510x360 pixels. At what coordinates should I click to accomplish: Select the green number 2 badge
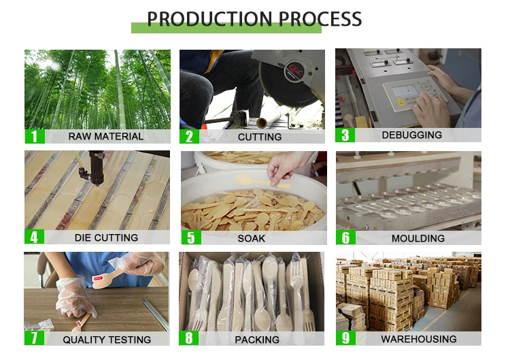[190, 136]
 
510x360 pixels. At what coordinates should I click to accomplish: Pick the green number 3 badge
[345, 135]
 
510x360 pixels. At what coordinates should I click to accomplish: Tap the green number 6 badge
[345, 238]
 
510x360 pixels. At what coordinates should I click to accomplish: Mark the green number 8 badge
[190, 338]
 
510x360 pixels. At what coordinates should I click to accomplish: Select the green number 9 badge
[345, 338]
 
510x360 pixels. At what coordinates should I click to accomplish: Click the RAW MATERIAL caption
[105, 137]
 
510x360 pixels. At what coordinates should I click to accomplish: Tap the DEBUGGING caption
[411, 135]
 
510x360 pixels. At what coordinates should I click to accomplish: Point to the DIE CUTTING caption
[106, 238]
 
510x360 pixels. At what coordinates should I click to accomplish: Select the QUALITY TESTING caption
[107, 340]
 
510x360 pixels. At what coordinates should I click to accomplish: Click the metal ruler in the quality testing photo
[156, 314]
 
